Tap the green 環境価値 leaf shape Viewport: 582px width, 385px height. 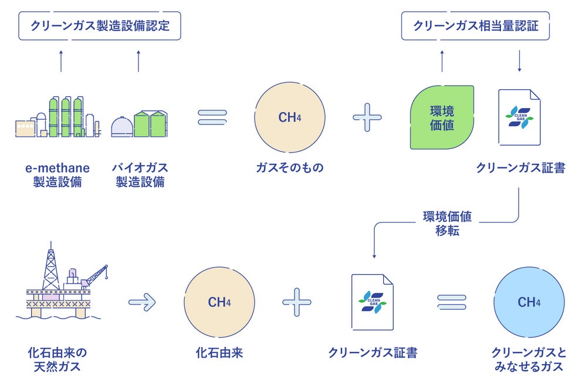point(442,117)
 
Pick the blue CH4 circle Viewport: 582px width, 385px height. point(529,302)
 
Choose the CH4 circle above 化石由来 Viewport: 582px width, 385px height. point(219,302)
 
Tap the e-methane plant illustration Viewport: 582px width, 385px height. point(58,117)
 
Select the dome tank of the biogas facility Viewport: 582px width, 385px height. point(122,127)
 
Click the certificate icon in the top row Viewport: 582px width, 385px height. point(519,117)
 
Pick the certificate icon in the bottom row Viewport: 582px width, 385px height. point(373,302)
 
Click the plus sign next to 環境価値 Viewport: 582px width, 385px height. point(367,117)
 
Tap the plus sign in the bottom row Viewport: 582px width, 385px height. point(296,302)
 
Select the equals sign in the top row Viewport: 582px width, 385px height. point(212,117)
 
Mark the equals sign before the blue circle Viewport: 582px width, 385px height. point(451,302)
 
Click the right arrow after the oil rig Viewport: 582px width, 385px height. point(142,302)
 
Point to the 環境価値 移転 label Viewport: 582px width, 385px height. point(447,224)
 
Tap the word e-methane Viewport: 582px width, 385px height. point(57,168)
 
